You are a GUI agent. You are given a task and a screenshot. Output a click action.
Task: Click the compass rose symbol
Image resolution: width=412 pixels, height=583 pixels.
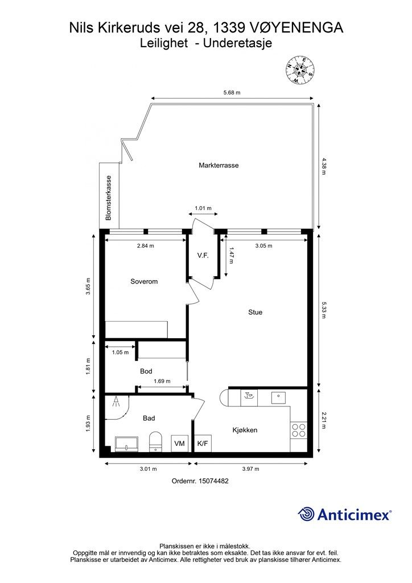click(x=300, y=69)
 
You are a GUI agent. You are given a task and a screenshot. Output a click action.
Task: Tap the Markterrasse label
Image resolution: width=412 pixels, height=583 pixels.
click(x=219, y=166)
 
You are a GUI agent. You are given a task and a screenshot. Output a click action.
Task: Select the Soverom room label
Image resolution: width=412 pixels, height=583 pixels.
click(x=144, y=281)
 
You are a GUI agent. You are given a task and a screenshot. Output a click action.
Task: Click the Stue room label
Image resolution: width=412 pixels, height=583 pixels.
click(x=256, y=313)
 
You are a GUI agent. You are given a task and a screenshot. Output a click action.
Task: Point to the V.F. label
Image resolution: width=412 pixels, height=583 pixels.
click(x=203, y=256)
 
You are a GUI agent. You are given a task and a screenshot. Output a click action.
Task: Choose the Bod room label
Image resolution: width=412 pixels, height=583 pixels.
click(x=146, y=371)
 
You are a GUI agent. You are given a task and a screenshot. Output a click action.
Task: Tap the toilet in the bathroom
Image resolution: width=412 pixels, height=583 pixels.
click(x=155, y=442)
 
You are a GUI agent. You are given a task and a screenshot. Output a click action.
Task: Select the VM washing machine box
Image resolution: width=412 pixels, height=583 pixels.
click(x=180, y=443)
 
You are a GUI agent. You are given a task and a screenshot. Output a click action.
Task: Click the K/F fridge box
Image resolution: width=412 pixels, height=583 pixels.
click(x=203, y=443)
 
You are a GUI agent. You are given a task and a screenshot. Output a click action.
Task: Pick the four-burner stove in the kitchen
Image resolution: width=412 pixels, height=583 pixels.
click(x=299, y=430)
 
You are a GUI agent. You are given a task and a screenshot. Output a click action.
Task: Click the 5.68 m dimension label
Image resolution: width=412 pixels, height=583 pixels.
click(x=232, y=93)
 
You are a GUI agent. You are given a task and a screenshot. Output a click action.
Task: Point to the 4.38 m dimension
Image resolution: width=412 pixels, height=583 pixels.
click(x=323, y=167)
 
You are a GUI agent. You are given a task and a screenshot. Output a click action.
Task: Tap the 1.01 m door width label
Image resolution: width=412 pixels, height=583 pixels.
click(x=203, y=208)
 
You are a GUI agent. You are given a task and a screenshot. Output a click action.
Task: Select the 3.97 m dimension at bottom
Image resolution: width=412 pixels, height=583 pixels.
click(x=251, y=469)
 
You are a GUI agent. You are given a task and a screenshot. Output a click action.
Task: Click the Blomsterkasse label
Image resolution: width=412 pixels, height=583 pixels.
click(x=109, y=198)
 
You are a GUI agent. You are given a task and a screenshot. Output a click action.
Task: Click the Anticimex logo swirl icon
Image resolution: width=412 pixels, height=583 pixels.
click(x=306, y=515)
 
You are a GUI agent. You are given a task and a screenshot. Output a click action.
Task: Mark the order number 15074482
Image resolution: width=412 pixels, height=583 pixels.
click(x=213, y=481)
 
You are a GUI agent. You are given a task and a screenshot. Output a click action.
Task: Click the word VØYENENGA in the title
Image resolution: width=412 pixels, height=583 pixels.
click(x=296, y=28)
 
